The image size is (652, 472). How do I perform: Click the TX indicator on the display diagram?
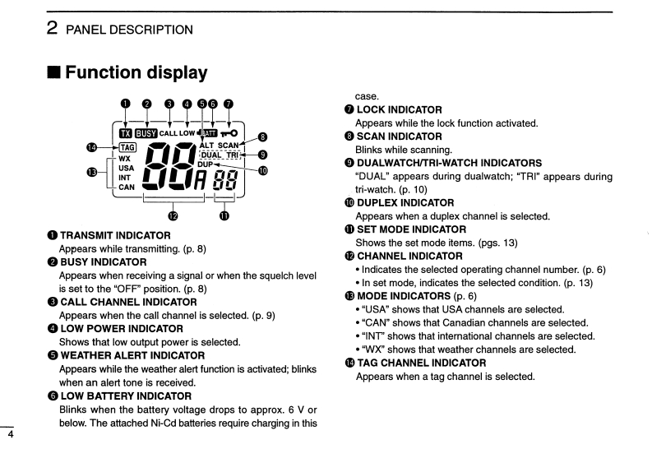125,132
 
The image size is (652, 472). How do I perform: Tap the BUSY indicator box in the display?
146,132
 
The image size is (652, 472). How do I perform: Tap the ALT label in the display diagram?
206,145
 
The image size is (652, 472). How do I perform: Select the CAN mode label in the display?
127,187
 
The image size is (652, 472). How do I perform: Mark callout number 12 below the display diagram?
173,216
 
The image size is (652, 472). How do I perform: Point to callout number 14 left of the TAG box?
92,146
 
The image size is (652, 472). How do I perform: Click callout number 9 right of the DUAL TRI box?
263,154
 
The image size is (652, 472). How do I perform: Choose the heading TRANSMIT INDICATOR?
115,235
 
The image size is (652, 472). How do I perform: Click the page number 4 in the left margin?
10,437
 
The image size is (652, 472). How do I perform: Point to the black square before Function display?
53,73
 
